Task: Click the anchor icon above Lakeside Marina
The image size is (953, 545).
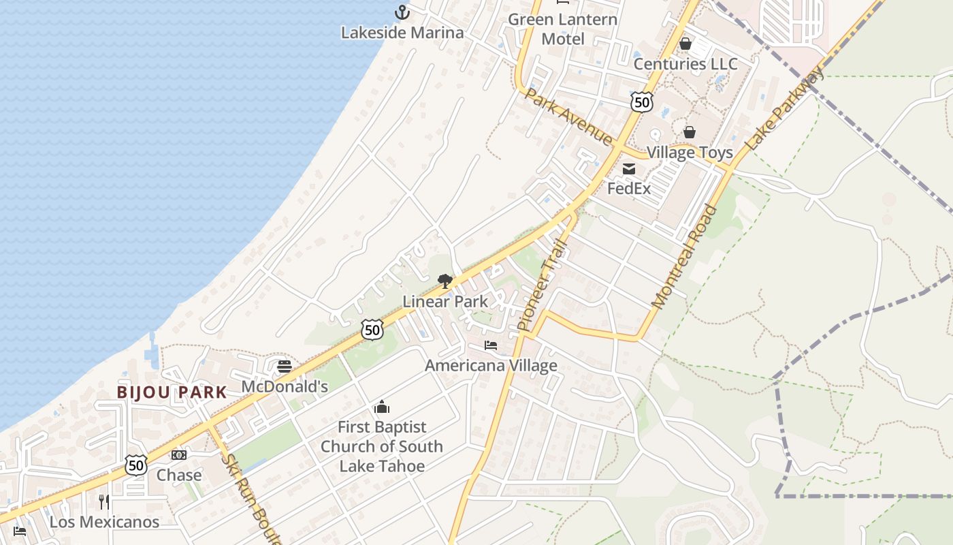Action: click(x=402, y=12)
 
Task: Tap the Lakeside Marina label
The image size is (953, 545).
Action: click(x=402, y=32)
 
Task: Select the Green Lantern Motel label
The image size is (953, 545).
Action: click(x=563, y=29)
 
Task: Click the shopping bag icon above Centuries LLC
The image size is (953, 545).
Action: click(x=685, y=44)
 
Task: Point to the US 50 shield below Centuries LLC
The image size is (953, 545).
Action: click(x=641, y=102)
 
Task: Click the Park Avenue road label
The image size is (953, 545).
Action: click(x=568, y=116)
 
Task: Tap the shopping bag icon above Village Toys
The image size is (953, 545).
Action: click(x=690, y=131)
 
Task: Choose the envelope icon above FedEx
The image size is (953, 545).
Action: click(x=629, y=168)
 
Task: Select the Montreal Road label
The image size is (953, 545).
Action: click(x=685, y=256)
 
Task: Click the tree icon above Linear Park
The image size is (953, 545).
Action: click(x=445, y=281)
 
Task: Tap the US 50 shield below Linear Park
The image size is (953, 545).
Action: click(x=372, y=330)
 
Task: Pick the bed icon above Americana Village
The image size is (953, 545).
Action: click(x=491, y=345)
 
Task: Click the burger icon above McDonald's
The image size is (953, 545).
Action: click(x=285, y=367)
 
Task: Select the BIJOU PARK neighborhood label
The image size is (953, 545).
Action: click(x=172, y=392)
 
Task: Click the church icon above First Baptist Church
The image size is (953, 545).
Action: click(x=382, y=407)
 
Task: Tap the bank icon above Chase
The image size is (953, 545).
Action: click(x=179, y=454)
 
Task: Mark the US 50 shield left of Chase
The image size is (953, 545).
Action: click(x=136, y=465)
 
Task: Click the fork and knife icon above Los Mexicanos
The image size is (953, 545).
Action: click(x=104, y=502)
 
